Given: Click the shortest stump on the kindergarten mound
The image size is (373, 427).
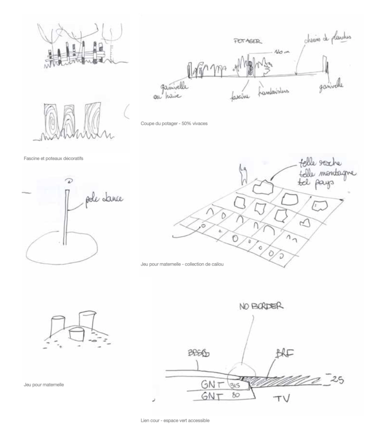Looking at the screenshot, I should pos(75,334).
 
